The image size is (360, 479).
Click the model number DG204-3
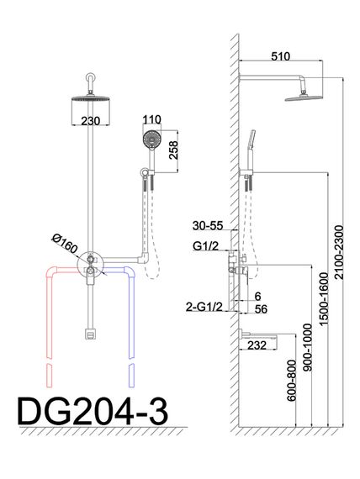[93, 412]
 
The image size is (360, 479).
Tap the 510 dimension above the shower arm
[280, 56]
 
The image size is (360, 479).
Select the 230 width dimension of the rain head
[91, 121]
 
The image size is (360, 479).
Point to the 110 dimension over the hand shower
[151, 119]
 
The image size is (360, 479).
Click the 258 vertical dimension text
[173, 150]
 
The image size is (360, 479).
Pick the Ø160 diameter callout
[65, 244]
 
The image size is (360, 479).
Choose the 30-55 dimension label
[208, 226]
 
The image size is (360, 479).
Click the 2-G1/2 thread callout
[204, 307]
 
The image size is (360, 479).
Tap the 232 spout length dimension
[257, 345]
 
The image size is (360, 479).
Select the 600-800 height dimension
[292, 381]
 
